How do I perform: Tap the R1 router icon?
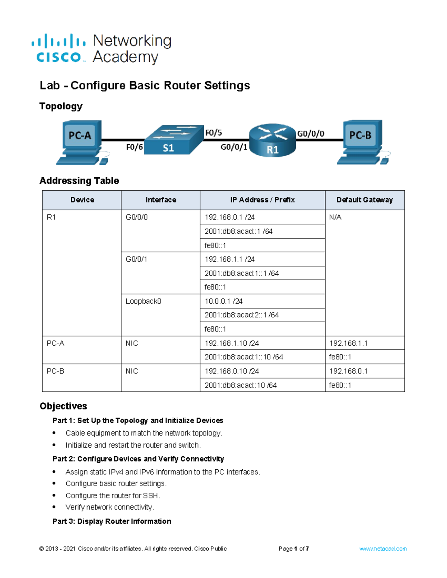272,140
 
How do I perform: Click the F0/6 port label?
134,147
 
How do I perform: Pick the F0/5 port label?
213,133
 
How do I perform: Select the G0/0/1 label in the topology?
234,147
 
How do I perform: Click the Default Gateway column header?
365,200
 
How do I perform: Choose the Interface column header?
161,200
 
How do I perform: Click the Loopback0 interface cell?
143,301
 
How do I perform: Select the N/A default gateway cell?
335,217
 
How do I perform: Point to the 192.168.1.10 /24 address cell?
232,343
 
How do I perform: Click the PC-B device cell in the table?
56,371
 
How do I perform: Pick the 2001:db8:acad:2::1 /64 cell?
242,315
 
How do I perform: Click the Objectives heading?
63,406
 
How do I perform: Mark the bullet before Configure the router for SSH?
54,496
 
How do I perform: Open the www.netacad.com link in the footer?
383,549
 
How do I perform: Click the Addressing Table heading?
79,181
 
